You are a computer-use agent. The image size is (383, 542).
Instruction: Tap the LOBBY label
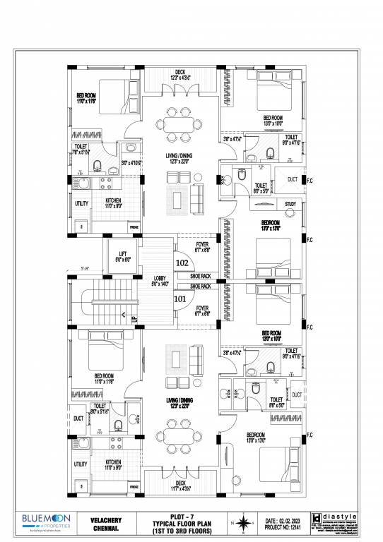coord(160,278)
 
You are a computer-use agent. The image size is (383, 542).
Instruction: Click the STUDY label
coord(290,204)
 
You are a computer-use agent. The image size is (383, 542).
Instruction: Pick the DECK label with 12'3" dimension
coord(179,71)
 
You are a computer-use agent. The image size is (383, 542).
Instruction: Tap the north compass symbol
coord(242,523)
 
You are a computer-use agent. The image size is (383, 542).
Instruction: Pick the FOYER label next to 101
coord(202,310)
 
